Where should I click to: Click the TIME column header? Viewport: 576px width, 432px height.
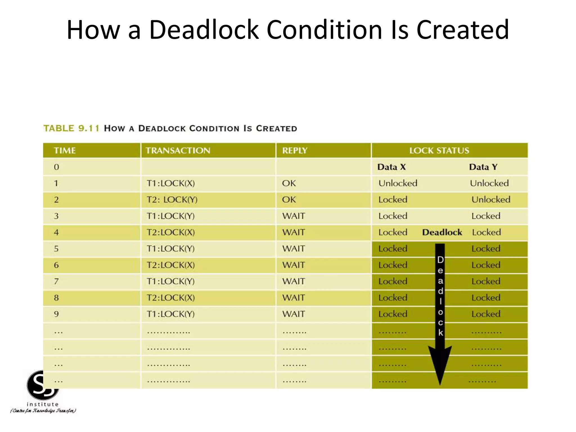65,150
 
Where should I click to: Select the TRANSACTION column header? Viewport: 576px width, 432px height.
178,150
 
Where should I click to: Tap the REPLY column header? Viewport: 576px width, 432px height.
294,150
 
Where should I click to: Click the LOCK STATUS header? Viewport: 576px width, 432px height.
439,150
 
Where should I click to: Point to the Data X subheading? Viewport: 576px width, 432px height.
391,167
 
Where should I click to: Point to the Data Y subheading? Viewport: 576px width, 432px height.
483,167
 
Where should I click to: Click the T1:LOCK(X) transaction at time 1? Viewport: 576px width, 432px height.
171,183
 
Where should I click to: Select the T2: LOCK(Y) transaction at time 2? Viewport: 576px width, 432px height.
172,200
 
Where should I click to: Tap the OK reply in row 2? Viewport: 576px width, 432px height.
289,200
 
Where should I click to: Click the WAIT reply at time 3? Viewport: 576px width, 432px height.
293,216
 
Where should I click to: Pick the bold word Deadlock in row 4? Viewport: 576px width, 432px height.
442,232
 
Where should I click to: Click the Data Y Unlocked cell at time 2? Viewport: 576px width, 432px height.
491,200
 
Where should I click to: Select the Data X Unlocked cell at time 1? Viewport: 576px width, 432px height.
398,183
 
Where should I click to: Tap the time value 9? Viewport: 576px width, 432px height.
56,314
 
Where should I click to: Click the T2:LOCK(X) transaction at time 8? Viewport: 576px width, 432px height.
171,298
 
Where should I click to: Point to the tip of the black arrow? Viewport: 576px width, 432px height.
440,384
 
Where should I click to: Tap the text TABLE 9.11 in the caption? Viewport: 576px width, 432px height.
71,129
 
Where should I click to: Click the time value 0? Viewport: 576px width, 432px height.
56,167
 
